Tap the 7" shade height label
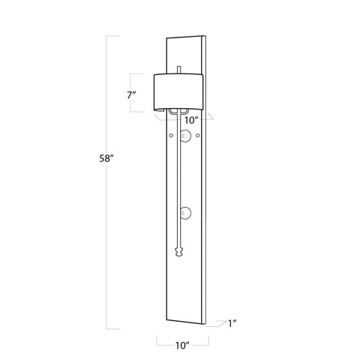[131, 95]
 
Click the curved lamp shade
[178, 90]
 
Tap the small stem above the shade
[179, 69]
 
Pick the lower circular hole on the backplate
[187, 214]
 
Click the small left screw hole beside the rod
[172, 135]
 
